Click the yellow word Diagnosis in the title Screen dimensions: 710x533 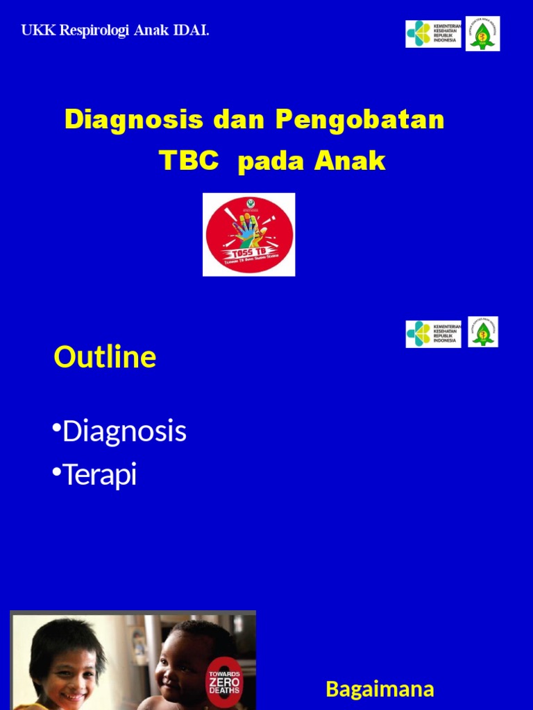point(134,120)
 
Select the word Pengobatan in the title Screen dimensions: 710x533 point(359,120)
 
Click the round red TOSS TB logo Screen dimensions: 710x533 point(248,234)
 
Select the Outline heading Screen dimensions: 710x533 point(105,358)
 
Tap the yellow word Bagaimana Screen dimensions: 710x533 point(380,689)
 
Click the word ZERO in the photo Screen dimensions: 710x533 point(225,682)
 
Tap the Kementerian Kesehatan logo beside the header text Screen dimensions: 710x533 point(433,34)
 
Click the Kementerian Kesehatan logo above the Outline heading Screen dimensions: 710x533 point(433,334)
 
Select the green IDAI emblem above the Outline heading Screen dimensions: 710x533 point(483,332)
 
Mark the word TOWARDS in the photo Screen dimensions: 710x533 point(225,672)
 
